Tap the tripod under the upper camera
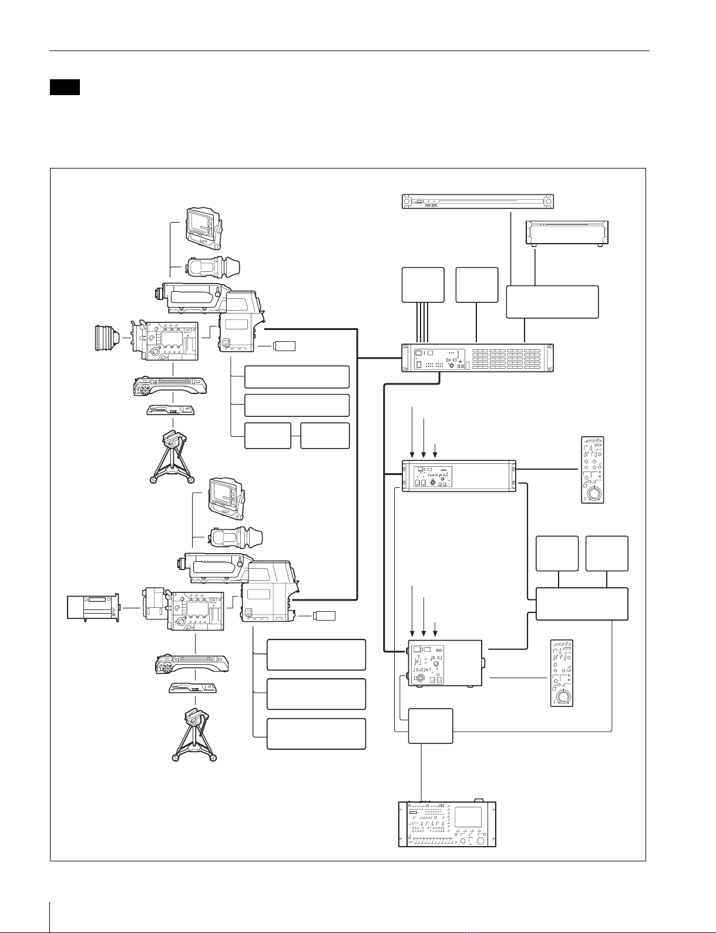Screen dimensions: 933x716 pyautogui.click(x=172, y=457)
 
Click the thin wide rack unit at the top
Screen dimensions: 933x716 pyautogui.click(x=478, y=202)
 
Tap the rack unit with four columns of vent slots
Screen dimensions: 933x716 pyautogui.click(x=478, y=358)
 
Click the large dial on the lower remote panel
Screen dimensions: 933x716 pyautogui.click(x=563, y=696)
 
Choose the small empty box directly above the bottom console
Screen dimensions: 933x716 pyautogui.click(x=431, y=726)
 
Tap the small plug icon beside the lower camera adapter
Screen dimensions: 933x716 pyautogui.click(x=325, y=616)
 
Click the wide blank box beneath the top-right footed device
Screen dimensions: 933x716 pyautogui.click(x=552, y=302)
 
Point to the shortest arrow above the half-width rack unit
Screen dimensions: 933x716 pyautogui.click(x=435, y=450)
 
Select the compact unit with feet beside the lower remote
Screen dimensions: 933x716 pyautogui.click(x=445, y=667)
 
